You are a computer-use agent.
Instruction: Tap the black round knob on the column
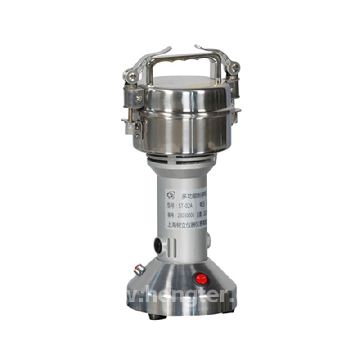(x=158, y=245)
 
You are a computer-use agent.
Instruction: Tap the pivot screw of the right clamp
(x=234, y=68)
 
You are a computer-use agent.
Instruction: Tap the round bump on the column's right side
(x=208, y=241)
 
